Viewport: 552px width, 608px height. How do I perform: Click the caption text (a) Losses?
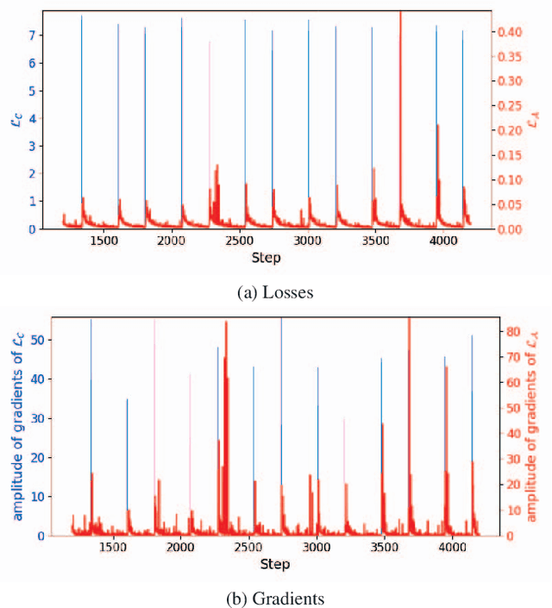[x=276, y=293]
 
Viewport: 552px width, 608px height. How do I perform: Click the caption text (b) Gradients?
[x=275, y=598]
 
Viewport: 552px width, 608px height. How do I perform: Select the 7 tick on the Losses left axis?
[x=32, y=36]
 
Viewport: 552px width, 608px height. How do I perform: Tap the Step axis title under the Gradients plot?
[x=275, y=565]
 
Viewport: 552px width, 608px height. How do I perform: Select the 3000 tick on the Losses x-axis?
[x=308, y=241]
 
